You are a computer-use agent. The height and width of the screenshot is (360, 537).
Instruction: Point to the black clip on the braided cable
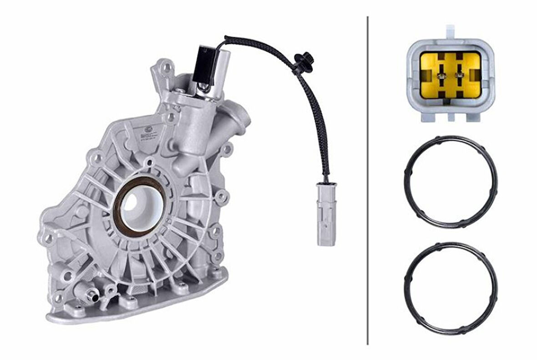pyautogui.click(x=302, y=62)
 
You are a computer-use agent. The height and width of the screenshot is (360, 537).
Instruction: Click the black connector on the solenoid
pyautogui.click(x=203, y=64)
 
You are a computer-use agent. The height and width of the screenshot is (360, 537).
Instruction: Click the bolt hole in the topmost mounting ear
pyautogui.click(x=168, y=68)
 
